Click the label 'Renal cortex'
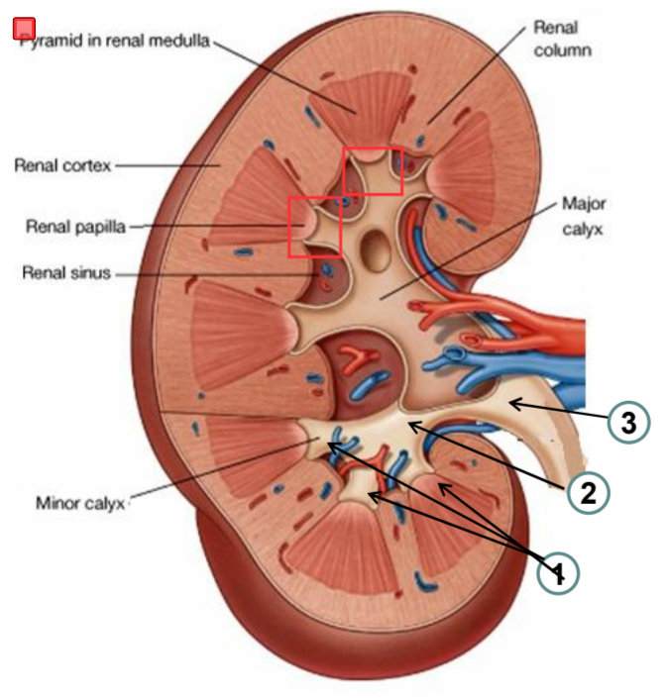click(x=60, y=165)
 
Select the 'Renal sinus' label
click(x=66, y=273)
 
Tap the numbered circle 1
click(x=558, y=572)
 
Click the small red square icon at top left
click(x=25, y=29)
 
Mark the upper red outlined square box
click(x=373, y=171)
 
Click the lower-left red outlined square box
click(x=314, y=227)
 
